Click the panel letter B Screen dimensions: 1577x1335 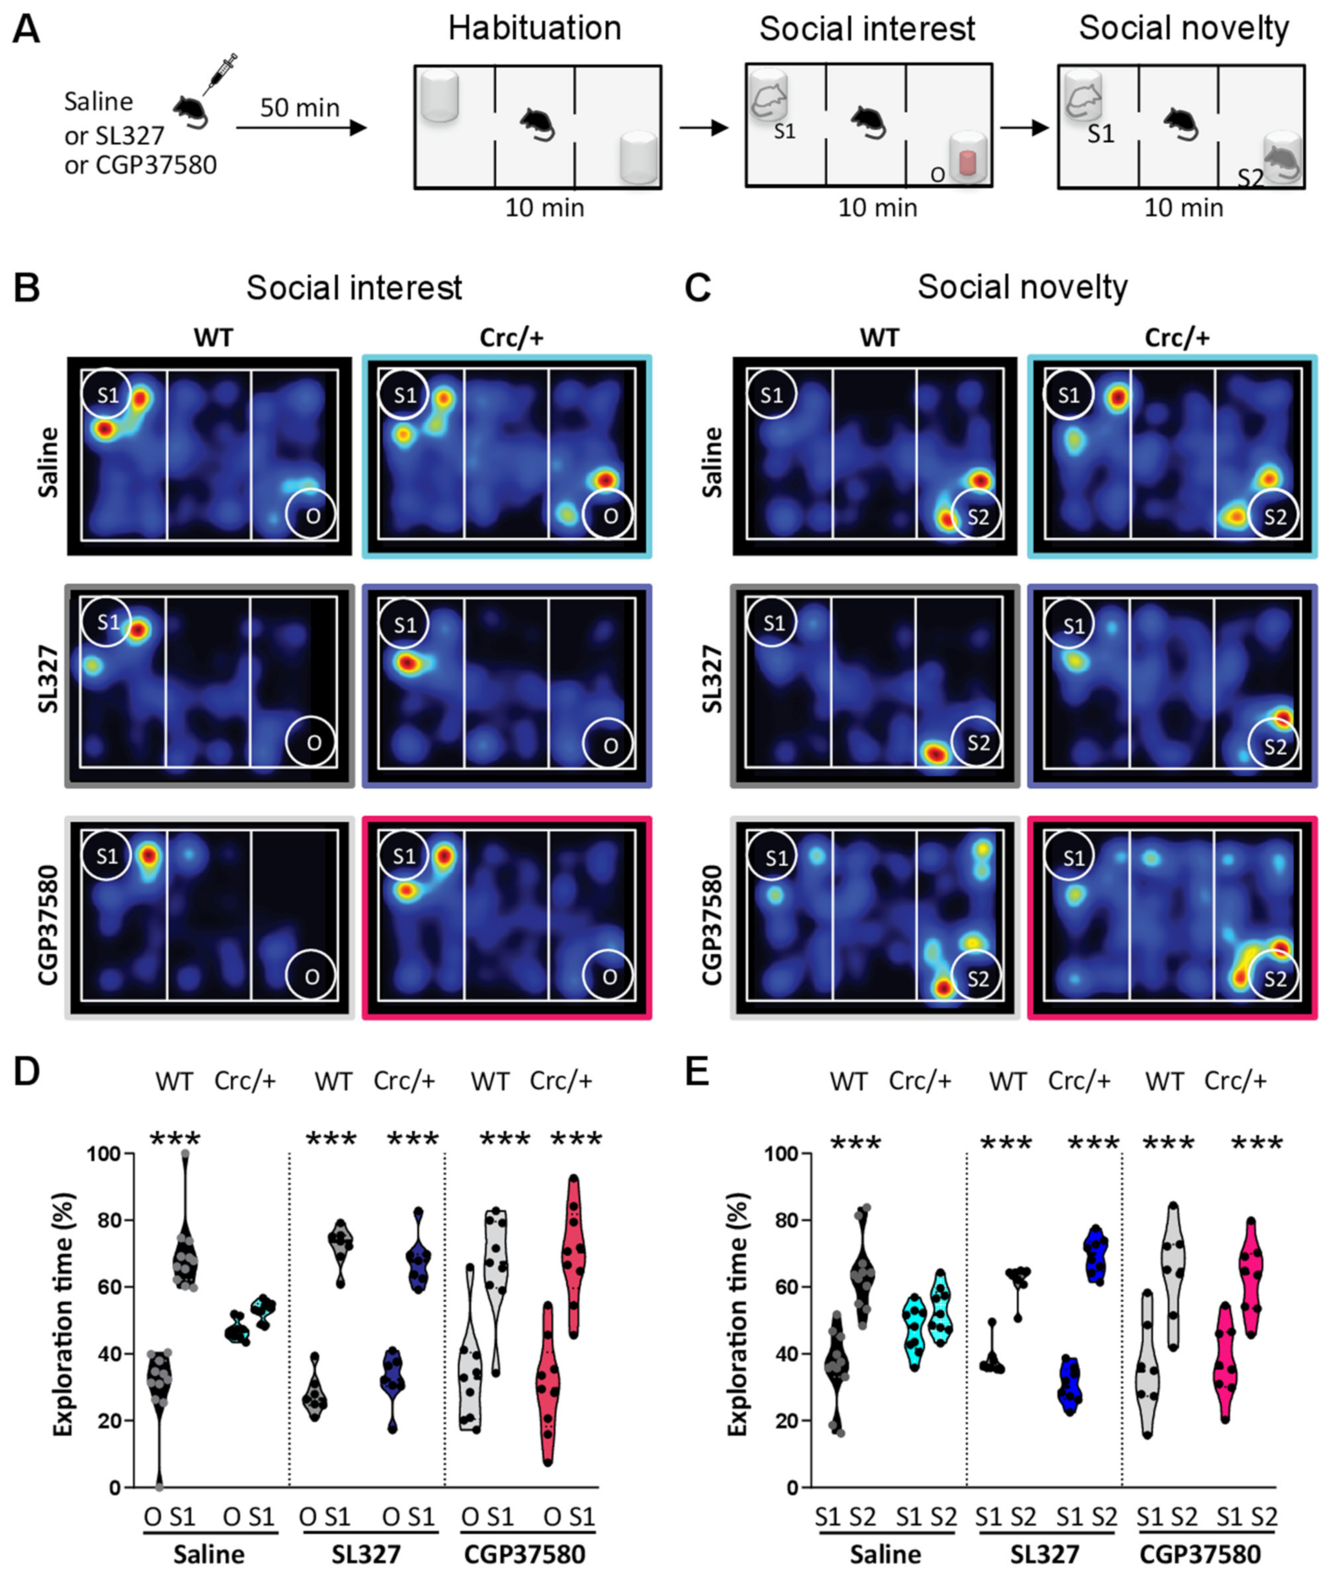[x=27, y=288]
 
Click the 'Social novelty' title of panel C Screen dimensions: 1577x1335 [x=1022, y=288]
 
